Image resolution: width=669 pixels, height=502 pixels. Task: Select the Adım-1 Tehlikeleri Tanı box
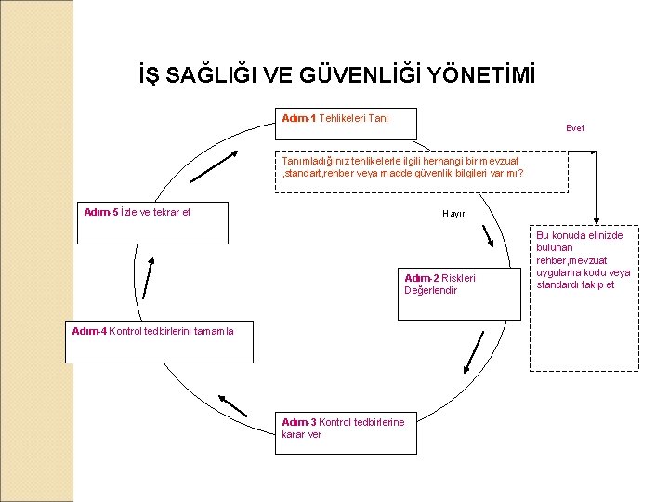(x=348, y=124)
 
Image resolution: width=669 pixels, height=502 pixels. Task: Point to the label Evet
(x=575, y=128)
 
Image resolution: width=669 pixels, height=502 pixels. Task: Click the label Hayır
(x=453, y=214)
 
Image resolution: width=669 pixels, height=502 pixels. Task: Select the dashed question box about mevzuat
(x=421, y=172)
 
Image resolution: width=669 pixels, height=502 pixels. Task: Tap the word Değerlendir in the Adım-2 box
(x=430, y=290)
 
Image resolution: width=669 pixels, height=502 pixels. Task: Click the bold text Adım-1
(x=298, y=118)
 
